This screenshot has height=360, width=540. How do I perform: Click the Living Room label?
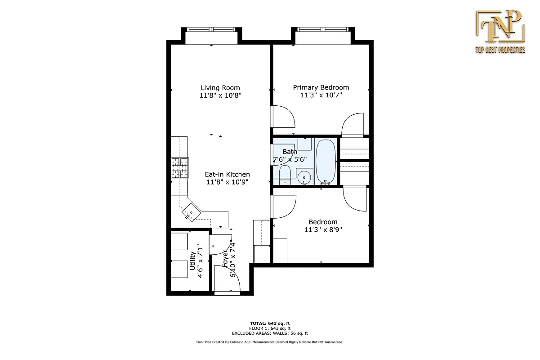point(220,88)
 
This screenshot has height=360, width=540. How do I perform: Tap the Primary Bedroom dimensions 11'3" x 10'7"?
point(321,95)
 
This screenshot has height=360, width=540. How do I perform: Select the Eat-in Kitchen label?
point(227,175)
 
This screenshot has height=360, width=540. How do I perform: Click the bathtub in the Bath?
point(326,162)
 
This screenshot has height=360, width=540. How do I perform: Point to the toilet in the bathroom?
point(285,175)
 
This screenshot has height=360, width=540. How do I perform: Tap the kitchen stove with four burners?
point(180,169)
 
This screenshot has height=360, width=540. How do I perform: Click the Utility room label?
point(192,261)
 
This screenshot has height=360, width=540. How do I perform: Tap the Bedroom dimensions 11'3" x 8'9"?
point(322,229)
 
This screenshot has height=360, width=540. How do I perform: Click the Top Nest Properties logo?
point(500,31)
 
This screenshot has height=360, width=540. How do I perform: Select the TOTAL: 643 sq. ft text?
point(270,324)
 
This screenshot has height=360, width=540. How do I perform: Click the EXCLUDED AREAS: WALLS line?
point(270,333)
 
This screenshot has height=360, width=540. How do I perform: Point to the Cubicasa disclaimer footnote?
point(270,342)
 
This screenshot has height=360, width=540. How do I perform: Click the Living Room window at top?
point(211,30)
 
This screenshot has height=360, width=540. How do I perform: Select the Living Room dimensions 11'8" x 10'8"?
point(220,95)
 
